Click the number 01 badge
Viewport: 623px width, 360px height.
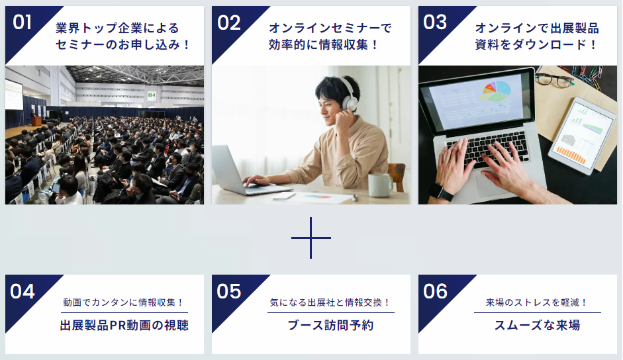click(23, 22)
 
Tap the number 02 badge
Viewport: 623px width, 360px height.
click(229, 22)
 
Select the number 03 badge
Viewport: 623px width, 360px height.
click(435, 22)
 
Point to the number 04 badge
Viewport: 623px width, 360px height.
click(23, 292)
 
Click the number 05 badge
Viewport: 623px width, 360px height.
click(229, 292)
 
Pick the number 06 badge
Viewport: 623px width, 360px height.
click(436, 292)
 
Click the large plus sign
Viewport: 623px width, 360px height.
click(311, 238)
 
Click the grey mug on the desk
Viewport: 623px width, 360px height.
click(380, 185)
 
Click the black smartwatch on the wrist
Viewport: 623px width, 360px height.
click(441, 192)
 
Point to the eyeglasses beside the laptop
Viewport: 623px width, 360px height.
click(554, 80)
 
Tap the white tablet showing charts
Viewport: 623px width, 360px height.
click(582, 136)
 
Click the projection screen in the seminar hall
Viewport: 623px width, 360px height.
click(14, 95)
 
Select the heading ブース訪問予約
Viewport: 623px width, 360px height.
click(330, 326)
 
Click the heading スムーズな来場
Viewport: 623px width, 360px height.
click(537, 326)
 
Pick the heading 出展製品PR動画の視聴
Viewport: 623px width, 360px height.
click(124, 326)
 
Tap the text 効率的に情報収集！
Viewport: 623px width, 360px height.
click(324, 45)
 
